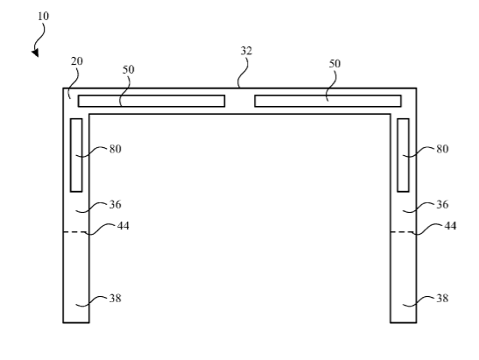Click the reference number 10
(44, 16)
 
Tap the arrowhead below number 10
(35, 53)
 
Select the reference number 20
(77, 61)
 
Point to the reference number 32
(246, 51)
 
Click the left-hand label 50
(129, 70)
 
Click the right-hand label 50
(335, 64)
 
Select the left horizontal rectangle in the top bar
(151, 101)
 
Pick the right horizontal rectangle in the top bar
(328, 101)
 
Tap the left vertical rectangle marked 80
(76, 155)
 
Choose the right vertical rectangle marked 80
(403, 155)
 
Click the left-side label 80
(116, 149)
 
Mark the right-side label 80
(442, 149)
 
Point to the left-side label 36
(116, 204)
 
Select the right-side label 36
(442, 204)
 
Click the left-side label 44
(123, 226)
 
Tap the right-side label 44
(450, 226)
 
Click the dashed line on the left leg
(76, 232)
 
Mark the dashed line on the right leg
(403, 232)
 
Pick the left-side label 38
(116, 299)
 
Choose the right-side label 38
(442, 299)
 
